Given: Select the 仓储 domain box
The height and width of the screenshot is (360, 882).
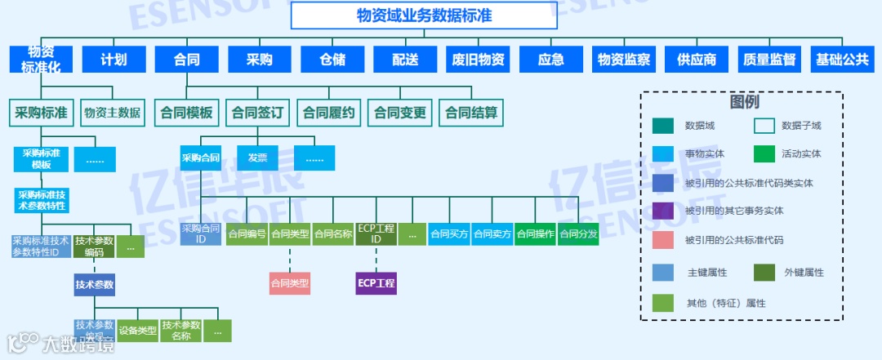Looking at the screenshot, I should [332, 60].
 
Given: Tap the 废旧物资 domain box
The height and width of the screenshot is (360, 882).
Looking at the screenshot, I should [479, 60].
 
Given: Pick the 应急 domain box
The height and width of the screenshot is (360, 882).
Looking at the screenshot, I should [551, 60].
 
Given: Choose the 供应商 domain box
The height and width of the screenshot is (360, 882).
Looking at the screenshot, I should [697, 60].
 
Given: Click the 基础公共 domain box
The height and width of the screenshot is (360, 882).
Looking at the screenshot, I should [843, 60].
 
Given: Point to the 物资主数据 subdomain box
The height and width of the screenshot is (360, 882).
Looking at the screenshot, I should [112, 113].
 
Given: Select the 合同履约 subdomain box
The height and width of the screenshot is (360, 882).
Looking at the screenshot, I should [330, 113].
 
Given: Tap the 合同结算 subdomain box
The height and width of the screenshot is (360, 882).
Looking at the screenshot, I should [471, 113].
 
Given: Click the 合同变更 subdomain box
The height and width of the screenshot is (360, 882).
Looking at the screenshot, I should [400, 113].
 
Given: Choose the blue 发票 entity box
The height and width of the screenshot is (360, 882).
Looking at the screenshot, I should [257, 158].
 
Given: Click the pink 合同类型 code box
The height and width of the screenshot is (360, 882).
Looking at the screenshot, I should [290, 283].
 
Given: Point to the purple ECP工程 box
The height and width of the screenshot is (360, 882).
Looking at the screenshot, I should [376, 283].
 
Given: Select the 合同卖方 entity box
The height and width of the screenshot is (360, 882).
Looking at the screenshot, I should [492, 234].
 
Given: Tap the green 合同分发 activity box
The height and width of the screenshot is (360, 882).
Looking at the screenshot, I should [578, 234].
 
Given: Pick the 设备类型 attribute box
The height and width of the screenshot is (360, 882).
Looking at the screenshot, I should [137, 331].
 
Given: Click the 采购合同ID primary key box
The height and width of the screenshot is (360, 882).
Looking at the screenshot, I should [201, 234].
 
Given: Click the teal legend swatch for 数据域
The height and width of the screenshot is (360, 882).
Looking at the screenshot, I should [662, 126].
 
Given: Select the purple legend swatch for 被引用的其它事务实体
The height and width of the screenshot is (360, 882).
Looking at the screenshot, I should [662, 211].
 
